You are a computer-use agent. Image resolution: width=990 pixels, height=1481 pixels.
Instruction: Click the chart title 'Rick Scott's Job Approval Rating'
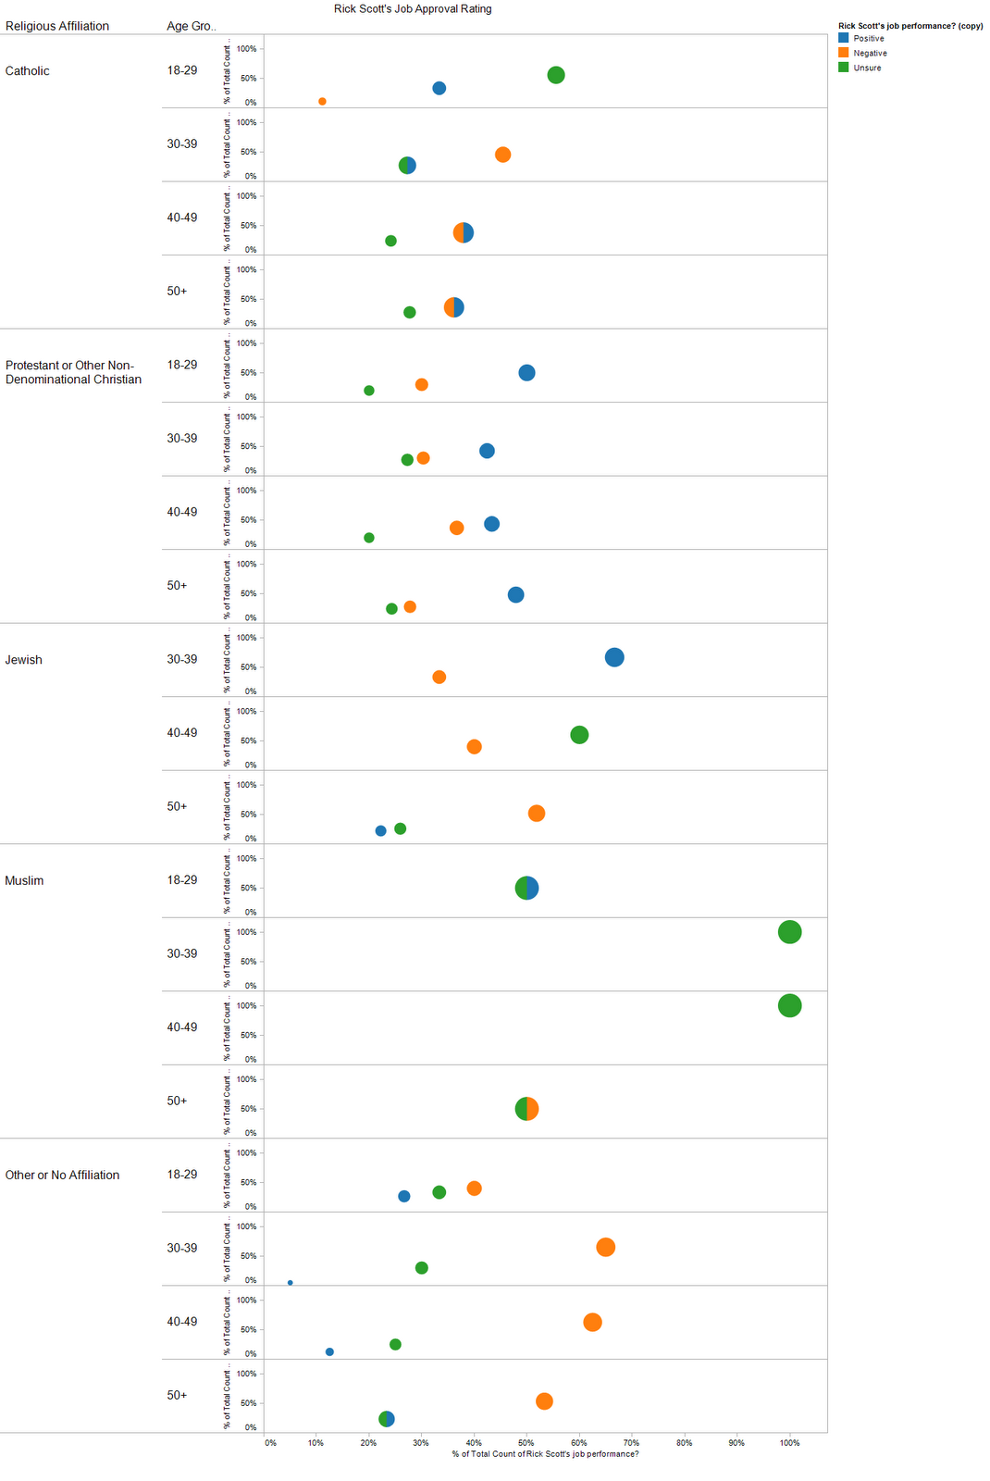(x=413, y=9)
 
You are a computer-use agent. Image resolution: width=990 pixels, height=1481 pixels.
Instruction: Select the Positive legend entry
(x=868, y=39)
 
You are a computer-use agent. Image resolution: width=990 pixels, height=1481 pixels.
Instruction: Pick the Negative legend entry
(x=870, y=54)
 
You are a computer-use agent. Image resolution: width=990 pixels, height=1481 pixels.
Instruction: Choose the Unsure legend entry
(x=867, y=68)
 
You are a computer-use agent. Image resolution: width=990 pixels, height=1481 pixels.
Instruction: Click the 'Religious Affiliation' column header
(x=57, y=26)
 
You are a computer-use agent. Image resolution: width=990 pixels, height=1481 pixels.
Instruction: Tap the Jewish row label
(x=24, y=660)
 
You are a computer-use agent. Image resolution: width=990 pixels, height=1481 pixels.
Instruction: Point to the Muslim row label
(x=24, y=880)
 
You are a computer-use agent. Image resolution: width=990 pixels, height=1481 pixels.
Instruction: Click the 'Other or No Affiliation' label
(x=62, y=1175)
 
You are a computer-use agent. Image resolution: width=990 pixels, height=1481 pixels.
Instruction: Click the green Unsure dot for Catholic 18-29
(x=556, y=75)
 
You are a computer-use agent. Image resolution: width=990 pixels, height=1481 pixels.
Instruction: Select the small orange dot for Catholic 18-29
(x=322, y=102)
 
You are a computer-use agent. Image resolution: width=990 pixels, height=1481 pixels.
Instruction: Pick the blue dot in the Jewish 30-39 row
(x=614, y=657)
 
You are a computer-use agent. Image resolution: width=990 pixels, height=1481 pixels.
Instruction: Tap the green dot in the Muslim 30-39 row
(x=789, y=932)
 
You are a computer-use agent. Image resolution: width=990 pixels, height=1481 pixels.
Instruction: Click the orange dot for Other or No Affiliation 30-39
(x=606, y=1247)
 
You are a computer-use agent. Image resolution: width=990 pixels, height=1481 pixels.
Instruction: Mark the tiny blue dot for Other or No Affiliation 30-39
(x=291, y=1283)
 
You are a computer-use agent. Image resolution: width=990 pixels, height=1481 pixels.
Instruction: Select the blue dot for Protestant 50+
(x=516, y=595)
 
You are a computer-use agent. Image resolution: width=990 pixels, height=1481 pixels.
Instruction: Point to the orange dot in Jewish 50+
(x=537, y=814)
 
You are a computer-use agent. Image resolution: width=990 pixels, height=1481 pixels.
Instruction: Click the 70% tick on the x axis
(x=632, y=1442)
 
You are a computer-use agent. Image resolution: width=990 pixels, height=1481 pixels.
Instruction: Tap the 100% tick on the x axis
(x=789, y=1442)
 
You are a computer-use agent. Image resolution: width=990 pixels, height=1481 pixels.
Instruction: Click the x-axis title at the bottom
(x=545, y=1454)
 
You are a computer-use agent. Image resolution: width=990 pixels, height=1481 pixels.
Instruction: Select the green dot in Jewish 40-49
(x=579, y=735)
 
